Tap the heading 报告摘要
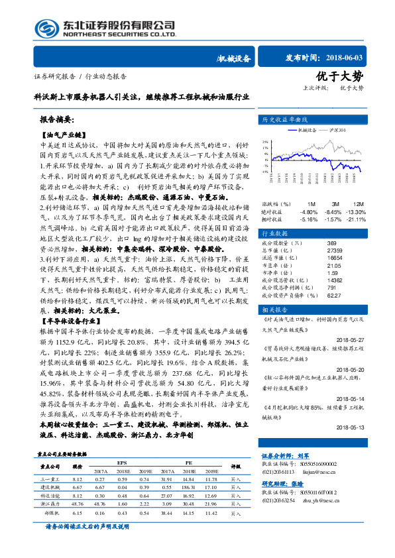(x=57, y=121)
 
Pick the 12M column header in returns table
(x=359, y=203)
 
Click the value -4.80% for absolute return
(x=310, y=211)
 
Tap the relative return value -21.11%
(x=357, y=219)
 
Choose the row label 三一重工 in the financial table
(x=50, y=478)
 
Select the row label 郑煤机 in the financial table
(x=52, y=513)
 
